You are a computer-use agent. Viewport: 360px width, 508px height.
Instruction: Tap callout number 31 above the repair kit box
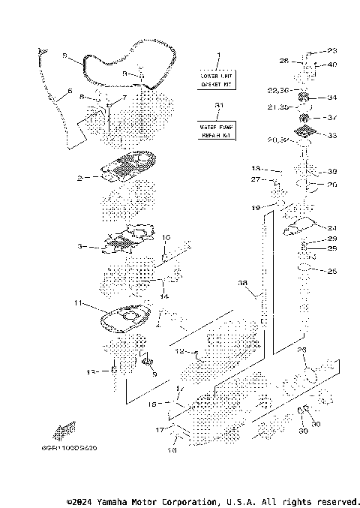217,106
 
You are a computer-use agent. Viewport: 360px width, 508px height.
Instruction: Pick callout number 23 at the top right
333,52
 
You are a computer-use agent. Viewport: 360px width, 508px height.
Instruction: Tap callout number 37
333,117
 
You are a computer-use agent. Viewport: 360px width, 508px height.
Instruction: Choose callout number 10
166,237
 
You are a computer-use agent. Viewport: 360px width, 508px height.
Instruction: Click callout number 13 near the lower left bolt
92,371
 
